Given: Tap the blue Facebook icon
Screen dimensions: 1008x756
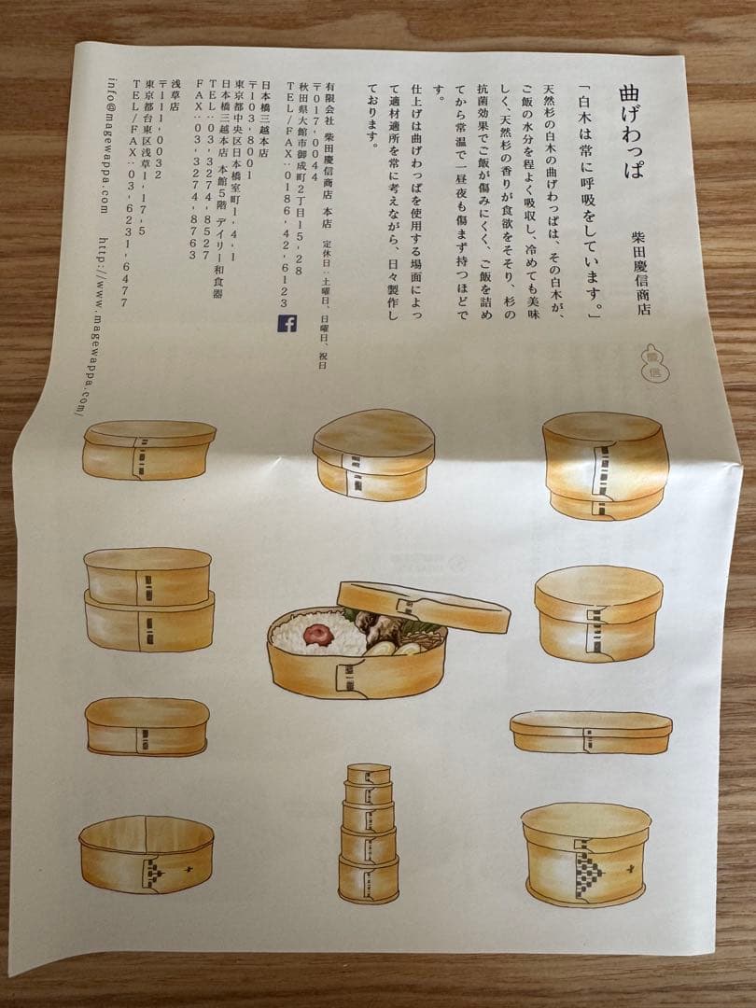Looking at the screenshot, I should click(287, 323).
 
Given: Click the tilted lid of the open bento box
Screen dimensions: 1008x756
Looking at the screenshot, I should click(424, 606).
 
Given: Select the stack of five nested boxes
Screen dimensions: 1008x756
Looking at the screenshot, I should click(368, 833).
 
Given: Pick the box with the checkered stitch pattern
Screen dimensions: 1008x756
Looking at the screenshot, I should click(585, 853).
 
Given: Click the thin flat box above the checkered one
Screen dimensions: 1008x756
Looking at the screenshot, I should click(591, 732).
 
